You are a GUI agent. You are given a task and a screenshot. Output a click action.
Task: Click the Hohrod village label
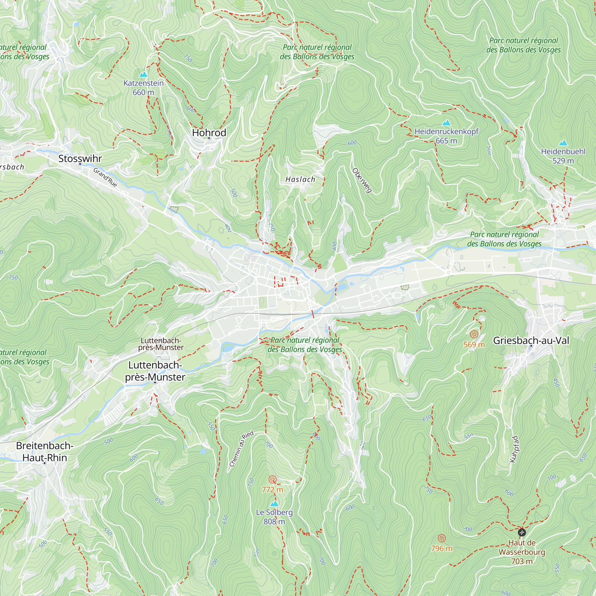coord(209,133)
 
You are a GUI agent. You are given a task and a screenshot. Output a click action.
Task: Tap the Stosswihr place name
coord(80,159)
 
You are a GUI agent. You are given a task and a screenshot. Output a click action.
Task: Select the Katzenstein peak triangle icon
coord(143,75)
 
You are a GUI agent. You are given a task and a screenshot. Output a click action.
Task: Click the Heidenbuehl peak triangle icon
coord(563,143)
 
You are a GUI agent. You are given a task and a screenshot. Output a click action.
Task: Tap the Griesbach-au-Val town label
coord(531,340)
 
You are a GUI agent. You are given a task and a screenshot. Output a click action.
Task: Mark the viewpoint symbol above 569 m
coord(474,334)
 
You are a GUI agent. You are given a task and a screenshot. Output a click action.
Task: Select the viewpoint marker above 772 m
coord(272,479)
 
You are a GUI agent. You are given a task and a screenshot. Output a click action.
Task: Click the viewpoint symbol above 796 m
coord(441,538)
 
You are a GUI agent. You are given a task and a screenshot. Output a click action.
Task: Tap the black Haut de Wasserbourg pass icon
coord(521,533)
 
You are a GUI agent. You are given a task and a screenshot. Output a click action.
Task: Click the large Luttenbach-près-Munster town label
coord(155,371)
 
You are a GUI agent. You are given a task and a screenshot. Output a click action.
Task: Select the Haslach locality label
coord(300,179)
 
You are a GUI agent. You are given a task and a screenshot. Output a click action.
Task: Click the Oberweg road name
coord(362,181)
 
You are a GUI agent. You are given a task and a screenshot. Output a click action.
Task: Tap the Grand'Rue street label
coord(105,177)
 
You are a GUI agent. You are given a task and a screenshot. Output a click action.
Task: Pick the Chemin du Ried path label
coord(241,448)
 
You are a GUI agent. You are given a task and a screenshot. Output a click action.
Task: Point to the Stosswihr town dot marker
coord(80,164)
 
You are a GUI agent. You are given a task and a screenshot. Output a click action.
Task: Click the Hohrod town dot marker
coord(209,138)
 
